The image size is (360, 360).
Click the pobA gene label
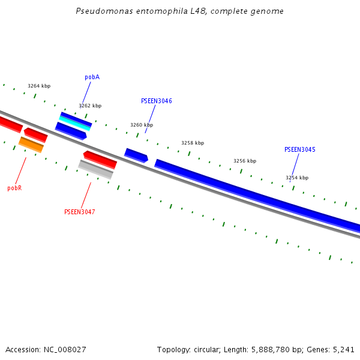[92, 77]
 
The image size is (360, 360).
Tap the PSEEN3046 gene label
[156, 101]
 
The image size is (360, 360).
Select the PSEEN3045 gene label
[299, 149]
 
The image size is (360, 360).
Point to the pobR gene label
[14, 188]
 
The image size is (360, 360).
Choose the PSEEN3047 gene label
[79, 212]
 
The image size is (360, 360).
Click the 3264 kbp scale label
[38, 86]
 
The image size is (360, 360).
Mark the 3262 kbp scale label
[90, 106]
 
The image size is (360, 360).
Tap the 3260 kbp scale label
[142, 125]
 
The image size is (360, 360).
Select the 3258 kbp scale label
[193, 143]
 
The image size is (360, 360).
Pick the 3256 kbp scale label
[245, 161]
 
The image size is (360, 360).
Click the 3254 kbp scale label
[297, 178]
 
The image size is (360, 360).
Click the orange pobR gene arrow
[31, 144]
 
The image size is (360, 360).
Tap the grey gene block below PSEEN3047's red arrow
[96, 169]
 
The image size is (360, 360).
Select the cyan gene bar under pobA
[75, 122]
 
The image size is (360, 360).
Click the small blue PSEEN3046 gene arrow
[136, 155]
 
